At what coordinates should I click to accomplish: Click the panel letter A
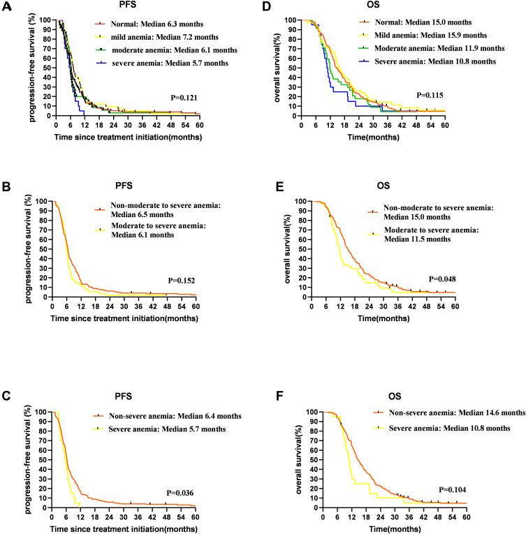pyautogui.click(x=6, y=6)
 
